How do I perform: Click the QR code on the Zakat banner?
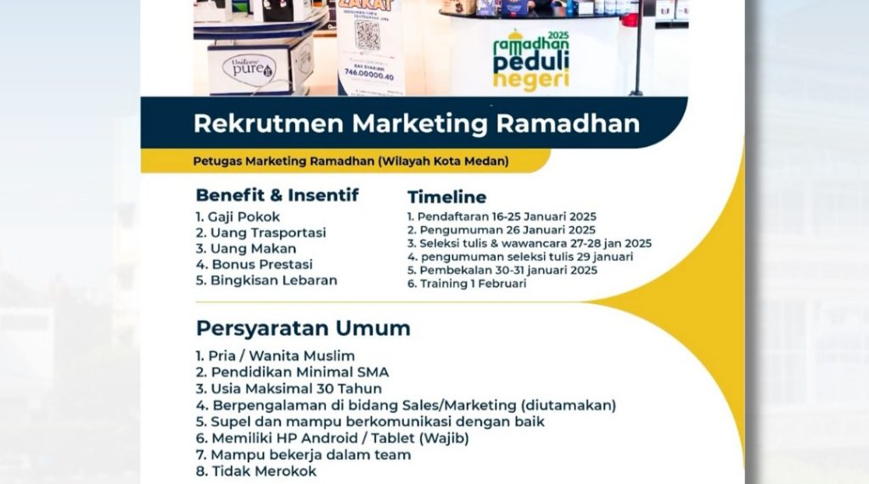click(367, 35)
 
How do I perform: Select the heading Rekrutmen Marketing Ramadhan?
click(416, 124)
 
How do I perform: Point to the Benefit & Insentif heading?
click(277, 195)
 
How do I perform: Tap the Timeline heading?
click(446, 197)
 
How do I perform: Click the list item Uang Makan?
click(246, 249)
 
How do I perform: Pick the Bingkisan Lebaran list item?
click(266, 280)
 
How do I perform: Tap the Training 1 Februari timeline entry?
click(467, 284)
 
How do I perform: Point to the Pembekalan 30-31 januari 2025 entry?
click(502, 270)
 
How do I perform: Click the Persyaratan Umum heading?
click(303, 329)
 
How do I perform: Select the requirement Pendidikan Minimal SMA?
click(292, 372)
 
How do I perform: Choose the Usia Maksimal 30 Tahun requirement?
click(289, 389)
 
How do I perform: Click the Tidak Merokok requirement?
click(256, 470)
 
